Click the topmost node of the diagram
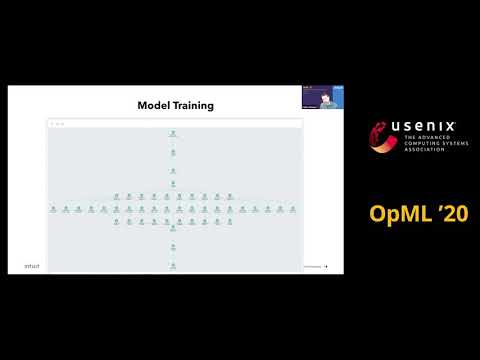173,133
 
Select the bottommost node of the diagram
173,266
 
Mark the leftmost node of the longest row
53,210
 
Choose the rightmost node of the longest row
293,210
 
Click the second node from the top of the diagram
173,152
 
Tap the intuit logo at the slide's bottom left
32,267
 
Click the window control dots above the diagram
58,123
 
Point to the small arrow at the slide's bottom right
326,267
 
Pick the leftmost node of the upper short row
116,196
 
